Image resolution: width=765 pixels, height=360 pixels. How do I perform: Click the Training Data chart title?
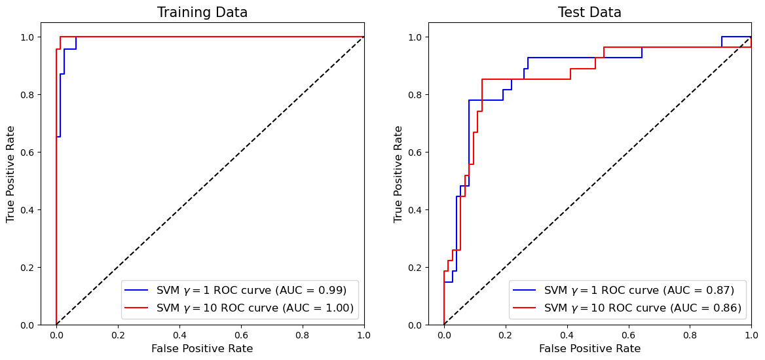202,12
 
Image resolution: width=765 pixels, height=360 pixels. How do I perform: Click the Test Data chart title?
589,12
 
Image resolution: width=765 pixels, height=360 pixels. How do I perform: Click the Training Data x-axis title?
202,349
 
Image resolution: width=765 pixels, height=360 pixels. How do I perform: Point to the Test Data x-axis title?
589,349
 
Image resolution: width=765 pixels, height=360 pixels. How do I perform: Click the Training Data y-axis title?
11,174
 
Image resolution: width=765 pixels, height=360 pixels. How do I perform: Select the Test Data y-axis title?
398,174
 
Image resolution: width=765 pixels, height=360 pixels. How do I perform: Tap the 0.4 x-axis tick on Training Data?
179,334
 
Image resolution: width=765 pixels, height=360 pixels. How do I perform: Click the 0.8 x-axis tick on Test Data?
690,334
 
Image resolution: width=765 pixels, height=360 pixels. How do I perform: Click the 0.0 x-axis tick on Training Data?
56,334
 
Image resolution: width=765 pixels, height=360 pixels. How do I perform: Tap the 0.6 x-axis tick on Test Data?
628,334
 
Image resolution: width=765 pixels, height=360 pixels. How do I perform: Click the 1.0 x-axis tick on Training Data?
364,334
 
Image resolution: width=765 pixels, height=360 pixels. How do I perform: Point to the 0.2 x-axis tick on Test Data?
506,334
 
